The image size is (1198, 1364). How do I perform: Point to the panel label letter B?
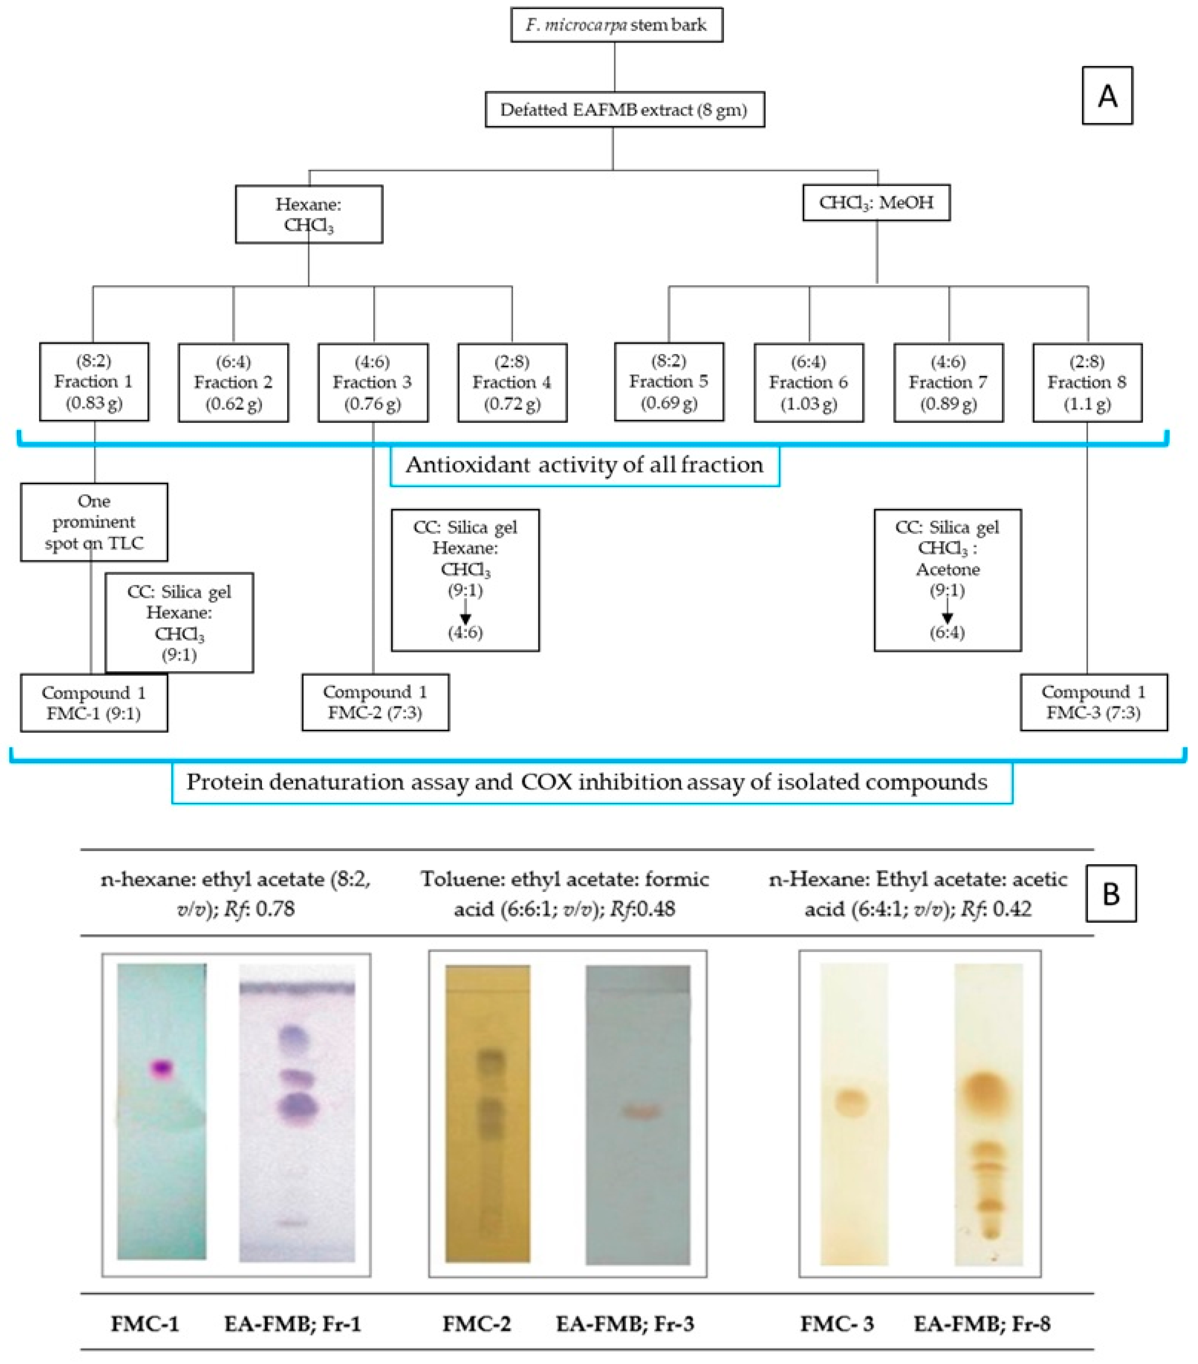(x=1111, y=894)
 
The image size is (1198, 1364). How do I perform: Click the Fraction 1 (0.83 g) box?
(x=94, y=382)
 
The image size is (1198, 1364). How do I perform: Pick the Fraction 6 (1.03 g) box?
(x=809, y=382)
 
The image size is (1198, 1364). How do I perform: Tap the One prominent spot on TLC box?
(x=94, y=522)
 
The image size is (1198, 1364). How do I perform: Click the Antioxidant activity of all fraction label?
(x=584, y=465)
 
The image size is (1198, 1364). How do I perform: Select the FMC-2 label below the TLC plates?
(x=476, y=1324)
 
